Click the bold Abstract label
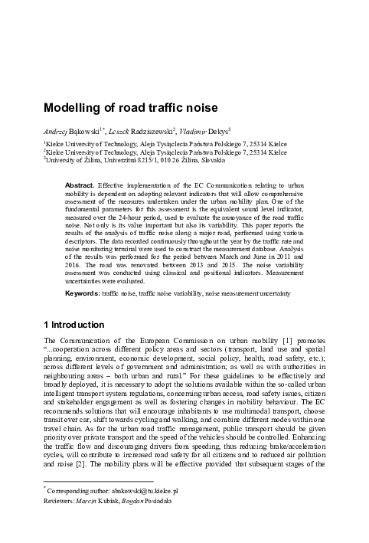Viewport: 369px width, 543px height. (80, 186)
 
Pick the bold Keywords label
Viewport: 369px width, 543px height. (83, 292)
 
